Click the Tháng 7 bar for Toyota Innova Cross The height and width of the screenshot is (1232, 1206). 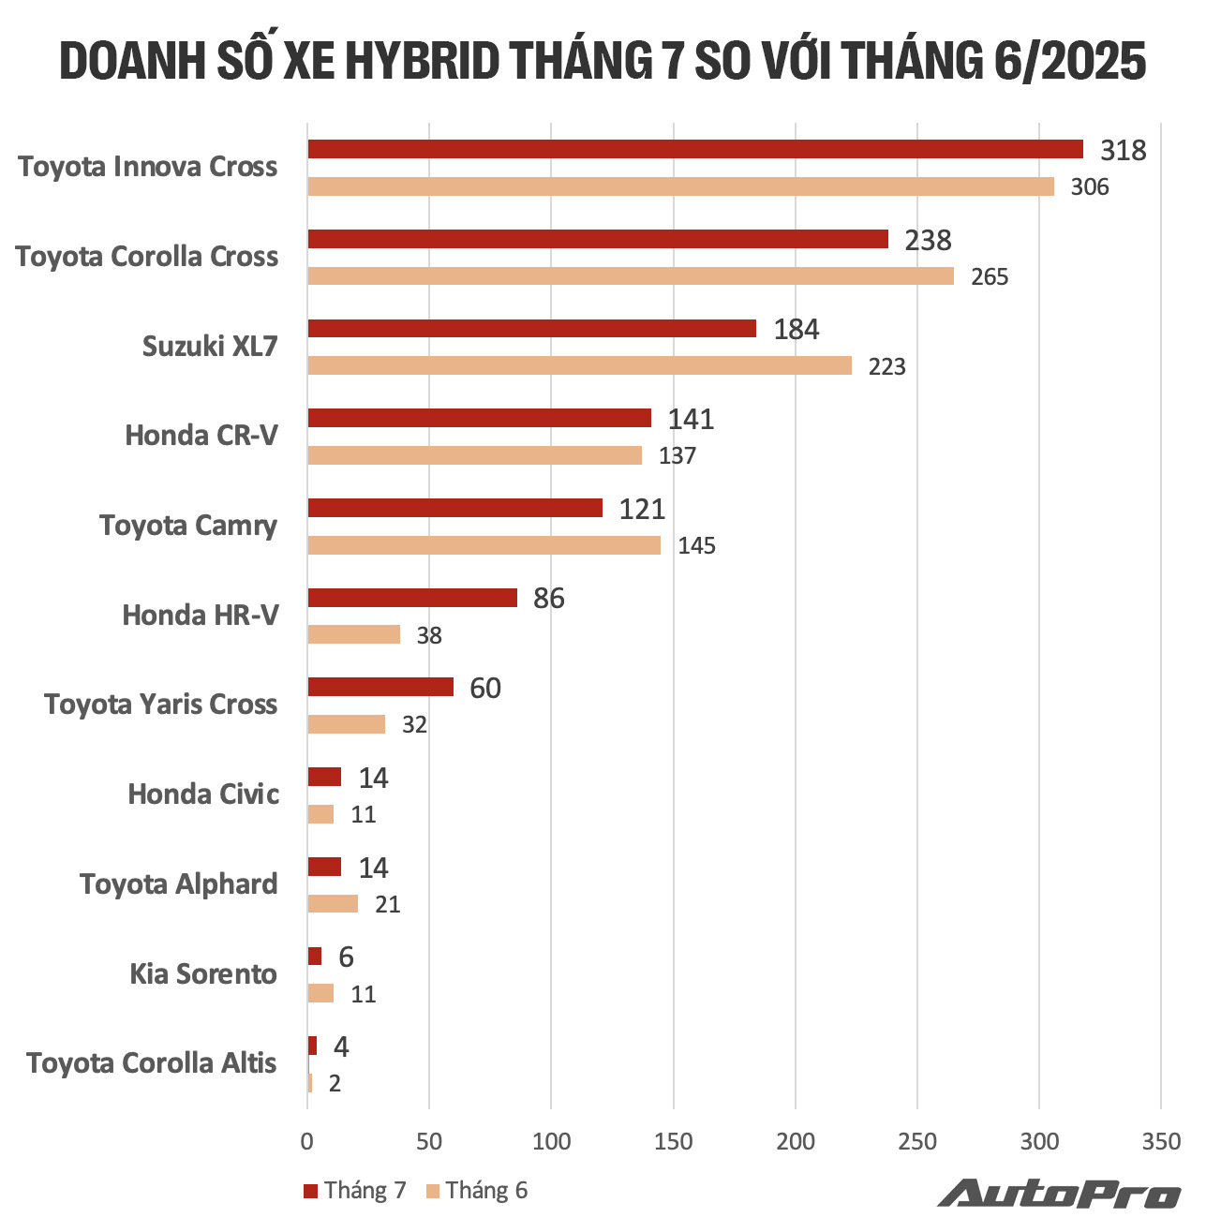pyautogui.click(x=695, y=149)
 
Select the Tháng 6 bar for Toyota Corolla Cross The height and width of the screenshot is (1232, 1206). pyautogui.click(x=631, y=276)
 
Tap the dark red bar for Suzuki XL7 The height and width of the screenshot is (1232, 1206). pyautogui.click(x=531, y=329)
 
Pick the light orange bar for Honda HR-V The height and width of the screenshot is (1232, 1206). pyautogui.click(x=354, y=634)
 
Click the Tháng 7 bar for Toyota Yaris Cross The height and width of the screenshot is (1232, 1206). pyautogui.click(x=380, y=687)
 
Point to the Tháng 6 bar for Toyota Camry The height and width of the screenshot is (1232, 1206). pyautogui.click(x=484, y=545)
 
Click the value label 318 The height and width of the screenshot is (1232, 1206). pyautogui.click(x=1123, y=150)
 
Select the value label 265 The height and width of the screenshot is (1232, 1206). pyautogui.click(x=989, y=277)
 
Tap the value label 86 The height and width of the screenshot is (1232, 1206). pyautogui.click(x=548, y=599)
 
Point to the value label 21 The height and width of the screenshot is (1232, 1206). pyautogui.click(x=387, y=905)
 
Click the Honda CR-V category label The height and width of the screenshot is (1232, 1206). pyautogui.click(x=201, y=436)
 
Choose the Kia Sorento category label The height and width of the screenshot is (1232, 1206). pyautogui.click(x=203, y=974)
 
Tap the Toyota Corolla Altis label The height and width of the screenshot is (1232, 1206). pyautogui.click(x=152, y=1063)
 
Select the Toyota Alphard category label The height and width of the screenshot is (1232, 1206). pyautogui.click(x=179, y=884)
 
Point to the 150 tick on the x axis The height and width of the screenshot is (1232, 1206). pyautogui.click(x=673, y=1141)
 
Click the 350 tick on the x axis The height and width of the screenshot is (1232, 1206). pyautogui.click(x=1161, y=1141)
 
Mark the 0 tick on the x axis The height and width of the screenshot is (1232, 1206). pyautogui.click(x=307, y=1141)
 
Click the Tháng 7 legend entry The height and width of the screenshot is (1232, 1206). pyautogui.click(x=355, y=1191)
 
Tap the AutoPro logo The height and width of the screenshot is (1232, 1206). pyautogui.click(x=1059, y=1193)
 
